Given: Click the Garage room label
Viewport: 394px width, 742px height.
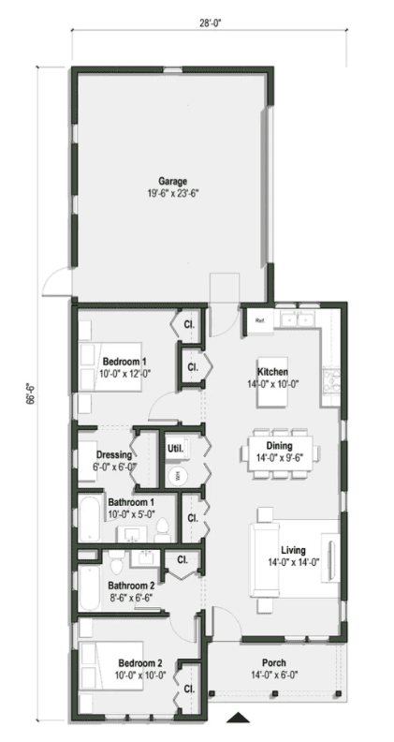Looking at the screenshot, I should pyautogui.click(x=172, y=181).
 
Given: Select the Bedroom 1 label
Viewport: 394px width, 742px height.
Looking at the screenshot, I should pyautogui.click(x=124, y=361).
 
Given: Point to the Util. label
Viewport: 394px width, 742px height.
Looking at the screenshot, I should pyautogui.click(x=175, y=448).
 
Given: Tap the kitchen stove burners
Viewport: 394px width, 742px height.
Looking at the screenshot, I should pyautogui.click(x=331, y=380).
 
